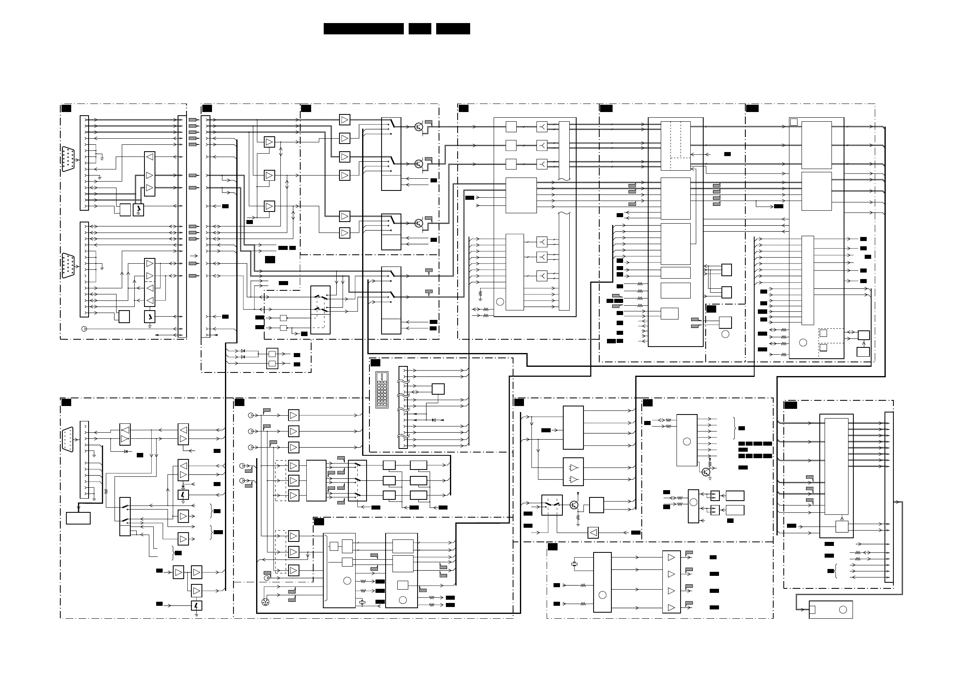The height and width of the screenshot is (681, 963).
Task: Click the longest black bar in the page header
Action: point(363,29)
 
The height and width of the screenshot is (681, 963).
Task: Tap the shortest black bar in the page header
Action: point(420,29)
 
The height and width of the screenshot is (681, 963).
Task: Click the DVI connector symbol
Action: point(382,389)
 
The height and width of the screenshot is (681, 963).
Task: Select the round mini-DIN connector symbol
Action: point(265,602)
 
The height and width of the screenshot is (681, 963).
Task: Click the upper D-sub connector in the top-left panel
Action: point(68,159)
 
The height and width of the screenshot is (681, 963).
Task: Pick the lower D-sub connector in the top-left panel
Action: point(68,265)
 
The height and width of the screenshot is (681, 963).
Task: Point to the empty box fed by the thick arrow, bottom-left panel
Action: point(78,518)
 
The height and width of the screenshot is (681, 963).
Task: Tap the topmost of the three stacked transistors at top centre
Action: point(419,127)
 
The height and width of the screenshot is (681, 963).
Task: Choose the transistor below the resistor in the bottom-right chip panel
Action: point(706,473)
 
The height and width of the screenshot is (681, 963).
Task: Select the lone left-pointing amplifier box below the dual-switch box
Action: point(593,533)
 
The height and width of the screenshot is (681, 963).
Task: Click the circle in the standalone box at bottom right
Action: point(843,610)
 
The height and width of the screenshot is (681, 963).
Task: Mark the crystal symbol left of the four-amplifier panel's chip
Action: point(575,565)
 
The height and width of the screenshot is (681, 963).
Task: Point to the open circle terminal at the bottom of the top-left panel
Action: point(84,329)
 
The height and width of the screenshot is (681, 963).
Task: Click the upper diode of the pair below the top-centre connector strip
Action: point(243,351)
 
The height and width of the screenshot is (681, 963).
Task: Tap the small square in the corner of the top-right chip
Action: point(793,122)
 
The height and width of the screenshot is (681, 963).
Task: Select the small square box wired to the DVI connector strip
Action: point(438,389)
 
